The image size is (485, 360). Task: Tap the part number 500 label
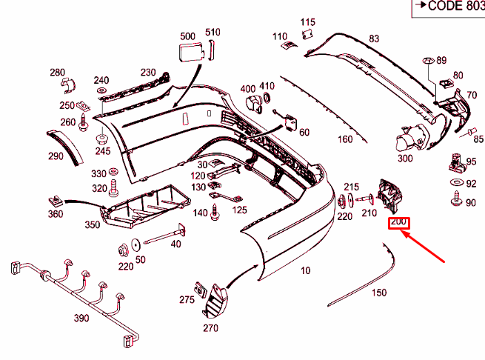(x=188, y=36)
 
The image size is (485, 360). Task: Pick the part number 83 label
(x=374, y=39)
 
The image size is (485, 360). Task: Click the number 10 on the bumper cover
(x=306, y=271)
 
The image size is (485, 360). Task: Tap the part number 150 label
(x=378, y=293)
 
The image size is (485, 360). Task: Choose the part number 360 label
(x=56, y=214)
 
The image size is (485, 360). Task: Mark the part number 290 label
(x=56, y=156)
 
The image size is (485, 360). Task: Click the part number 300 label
(x=405, y=159)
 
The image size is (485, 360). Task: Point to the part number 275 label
(x=187, y=299)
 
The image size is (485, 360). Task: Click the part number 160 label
(x=345, y=139)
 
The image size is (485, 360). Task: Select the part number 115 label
(x=308, y=23)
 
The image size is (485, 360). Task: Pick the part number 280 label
(x=57, y=73)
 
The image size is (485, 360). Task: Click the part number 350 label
(x=92, y=224)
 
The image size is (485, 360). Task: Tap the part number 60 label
(x=304, y=132)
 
